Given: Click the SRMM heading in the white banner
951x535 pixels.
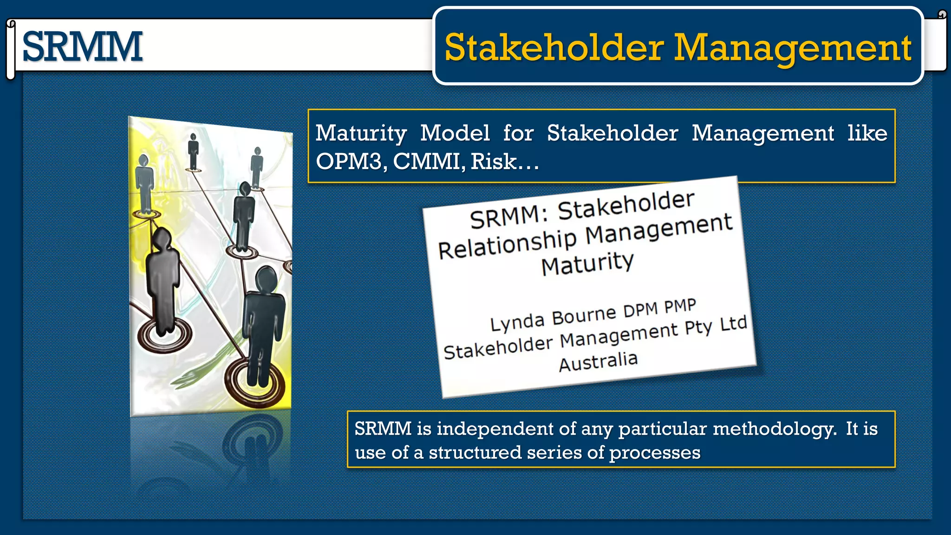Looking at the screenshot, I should (82, 46).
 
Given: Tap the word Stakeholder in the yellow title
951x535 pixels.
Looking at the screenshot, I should (554, 48).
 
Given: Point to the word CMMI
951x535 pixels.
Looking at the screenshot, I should (427, 162).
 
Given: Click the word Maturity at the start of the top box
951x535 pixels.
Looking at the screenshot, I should (361, 134).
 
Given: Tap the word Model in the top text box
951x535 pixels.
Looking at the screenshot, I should (455, 133).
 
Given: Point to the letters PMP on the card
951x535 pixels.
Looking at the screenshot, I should (680, 306).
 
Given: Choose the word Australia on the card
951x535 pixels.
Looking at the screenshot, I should (598, 361).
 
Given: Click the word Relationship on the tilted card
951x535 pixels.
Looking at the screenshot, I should (507, 244).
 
